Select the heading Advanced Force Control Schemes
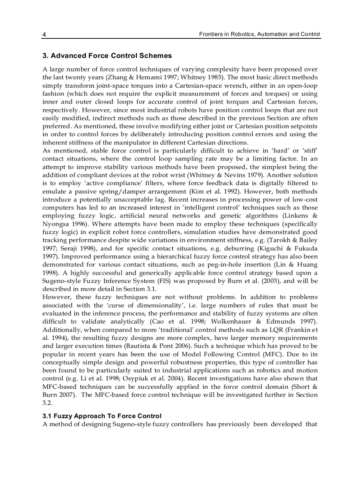[107, 56]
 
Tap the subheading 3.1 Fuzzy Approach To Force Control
[102, 416]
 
